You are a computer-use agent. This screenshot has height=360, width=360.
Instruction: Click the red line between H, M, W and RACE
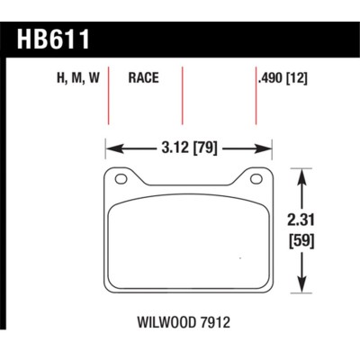click(110, 94)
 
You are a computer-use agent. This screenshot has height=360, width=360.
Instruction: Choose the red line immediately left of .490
click(252, 94)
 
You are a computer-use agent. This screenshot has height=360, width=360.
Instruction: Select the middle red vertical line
click(183, 94)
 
